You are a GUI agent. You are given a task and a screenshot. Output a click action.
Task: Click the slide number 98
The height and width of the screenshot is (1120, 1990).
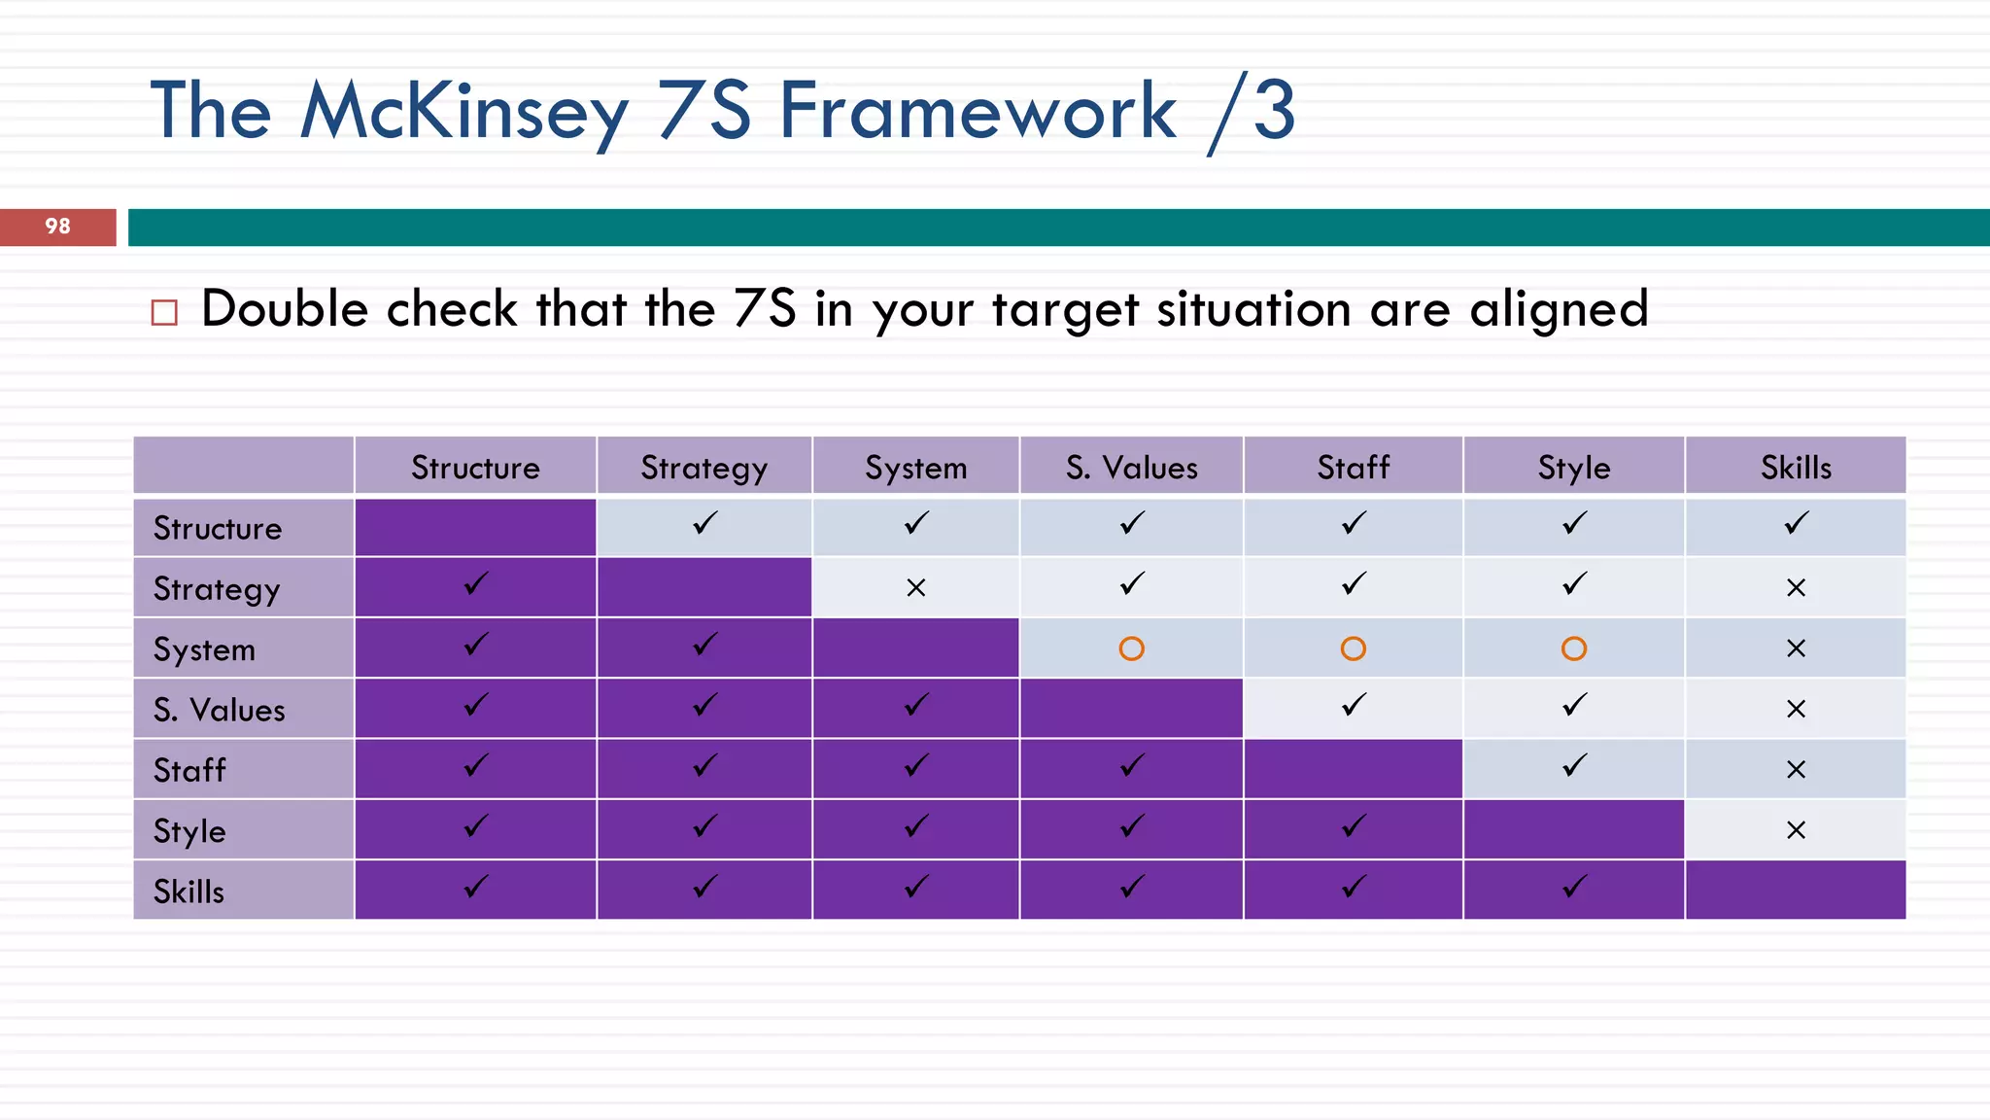[57, 227]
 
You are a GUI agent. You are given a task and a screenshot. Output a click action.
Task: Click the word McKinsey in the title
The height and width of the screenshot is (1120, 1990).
[464, 112]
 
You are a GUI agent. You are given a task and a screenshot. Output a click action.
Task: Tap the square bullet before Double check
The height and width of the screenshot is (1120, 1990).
[164, 312]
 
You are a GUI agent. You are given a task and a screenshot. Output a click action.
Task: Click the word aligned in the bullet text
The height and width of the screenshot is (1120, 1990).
[1559, 310]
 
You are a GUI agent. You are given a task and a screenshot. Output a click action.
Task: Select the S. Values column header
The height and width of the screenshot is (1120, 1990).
[1131, 468]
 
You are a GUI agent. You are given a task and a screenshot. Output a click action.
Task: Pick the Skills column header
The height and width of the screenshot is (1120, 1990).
[1796, 468]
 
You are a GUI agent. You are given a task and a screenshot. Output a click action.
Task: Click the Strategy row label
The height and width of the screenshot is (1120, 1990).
[217, 589]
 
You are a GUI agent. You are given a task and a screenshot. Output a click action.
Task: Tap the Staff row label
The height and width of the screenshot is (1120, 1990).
[189, 770]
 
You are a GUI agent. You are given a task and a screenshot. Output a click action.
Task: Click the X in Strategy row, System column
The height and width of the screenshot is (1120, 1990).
[915, 587]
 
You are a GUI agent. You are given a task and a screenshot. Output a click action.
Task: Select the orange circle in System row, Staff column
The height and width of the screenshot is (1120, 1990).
[1353, 648]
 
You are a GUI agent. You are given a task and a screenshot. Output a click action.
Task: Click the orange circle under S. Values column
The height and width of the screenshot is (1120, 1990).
[1131, 648]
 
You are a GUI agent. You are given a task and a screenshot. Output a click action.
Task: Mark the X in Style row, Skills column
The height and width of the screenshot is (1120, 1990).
[1796, 830]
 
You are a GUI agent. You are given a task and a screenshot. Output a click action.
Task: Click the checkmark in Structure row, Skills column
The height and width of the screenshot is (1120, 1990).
[1796, 524]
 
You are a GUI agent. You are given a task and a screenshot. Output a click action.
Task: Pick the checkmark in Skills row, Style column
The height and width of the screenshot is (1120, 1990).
[1574, 887]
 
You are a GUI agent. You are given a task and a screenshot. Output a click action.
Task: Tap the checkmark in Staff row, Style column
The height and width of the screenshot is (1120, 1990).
[1574, 766]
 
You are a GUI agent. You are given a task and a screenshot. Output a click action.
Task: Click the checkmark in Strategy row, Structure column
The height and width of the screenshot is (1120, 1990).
[475, 584]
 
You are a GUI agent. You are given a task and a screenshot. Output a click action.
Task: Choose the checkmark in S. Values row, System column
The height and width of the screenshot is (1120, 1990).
[915, 705]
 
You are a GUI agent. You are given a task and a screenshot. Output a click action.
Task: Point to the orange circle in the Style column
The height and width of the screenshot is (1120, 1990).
[1574, 648]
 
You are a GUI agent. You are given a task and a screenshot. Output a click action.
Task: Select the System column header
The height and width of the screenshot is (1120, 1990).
[915, 468]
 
